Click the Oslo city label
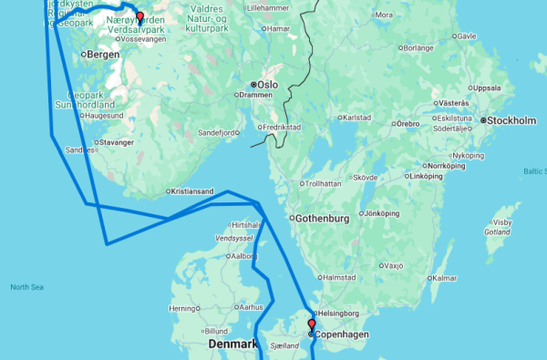coord(268,85)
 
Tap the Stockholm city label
coord(511,120)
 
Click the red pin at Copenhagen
coord(311,324)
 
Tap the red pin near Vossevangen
coord(139,16)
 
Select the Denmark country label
coord(232,344)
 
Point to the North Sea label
coord(26,287)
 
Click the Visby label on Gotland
coord(502,222)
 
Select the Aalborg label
coord(244,256)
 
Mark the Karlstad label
coord(357,118)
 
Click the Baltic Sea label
coord(534,170)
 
